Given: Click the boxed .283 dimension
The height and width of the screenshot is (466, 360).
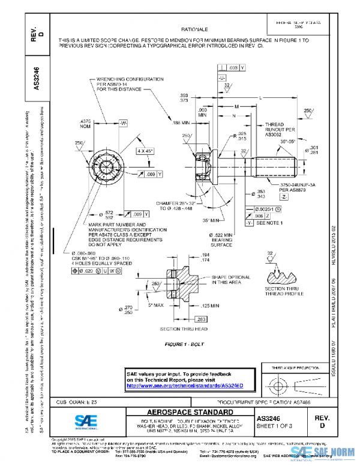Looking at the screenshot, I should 202,318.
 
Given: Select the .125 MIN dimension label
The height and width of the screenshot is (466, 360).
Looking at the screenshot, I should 215,305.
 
